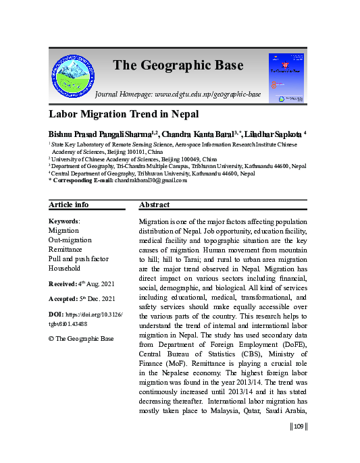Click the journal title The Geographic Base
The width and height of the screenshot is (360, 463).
(178, 65)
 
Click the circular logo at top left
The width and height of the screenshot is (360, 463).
(73, 74)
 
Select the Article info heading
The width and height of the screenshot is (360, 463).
(68, 205)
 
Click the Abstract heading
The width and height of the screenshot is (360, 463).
(154, 205)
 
